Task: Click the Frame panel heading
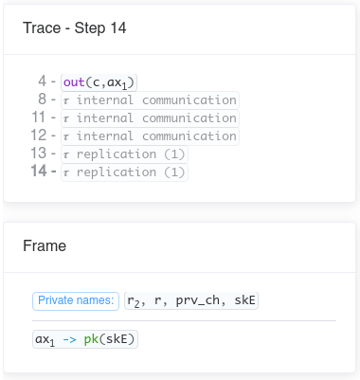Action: (x=45, y=245)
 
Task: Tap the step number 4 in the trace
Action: (x=42, y=81)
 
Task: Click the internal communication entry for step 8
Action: (x=150, y=100)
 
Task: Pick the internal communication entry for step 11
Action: (x=150, y=118)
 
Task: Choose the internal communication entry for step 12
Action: (x=150, y=136)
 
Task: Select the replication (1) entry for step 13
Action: (x=124, y=154)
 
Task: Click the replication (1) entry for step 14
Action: (x=124, y=172)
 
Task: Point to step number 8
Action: (x=42, y=100)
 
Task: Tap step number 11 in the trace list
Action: (x=38, y=118)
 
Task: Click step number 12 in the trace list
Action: (x=38, y=136)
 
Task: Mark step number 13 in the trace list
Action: (x=38, y=154)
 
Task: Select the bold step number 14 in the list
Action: (x=38, y=172)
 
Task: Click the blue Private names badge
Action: (x=76, y=300)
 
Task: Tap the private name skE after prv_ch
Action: (x=245, y=300)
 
